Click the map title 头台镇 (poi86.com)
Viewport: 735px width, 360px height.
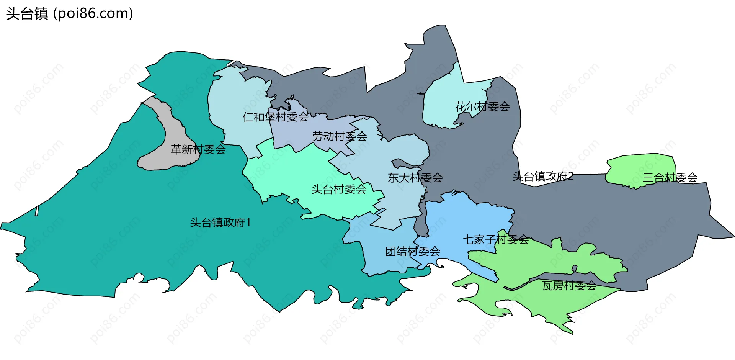pyautogui.click(x=69, y=14)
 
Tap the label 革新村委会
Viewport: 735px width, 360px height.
pyautogui.click(x=198, y=149)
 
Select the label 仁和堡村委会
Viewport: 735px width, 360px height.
pyautogui.click(x=276, y=117)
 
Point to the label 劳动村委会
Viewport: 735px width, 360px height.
pyautogui.click(x=340, y=136)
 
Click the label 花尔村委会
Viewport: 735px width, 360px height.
pyautogui.click(x=482, y=106)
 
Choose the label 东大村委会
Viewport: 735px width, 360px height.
pyautogui.click(x=415, y=178)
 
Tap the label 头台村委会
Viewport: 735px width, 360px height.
pyautogui.click(x=339, y=189)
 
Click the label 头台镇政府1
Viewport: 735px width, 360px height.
pyautogui.click(x=220, y=223)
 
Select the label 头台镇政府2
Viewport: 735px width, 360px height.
pyautogui.click(x=543, y=177)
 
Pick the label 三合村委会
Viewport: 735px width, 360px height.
pyautogui.click(x=670, y=178)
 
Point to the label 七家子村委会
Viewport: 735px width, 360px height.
pyautogui.click(x=495, y=240)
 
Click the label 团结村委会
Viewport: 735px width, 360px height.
pyautogui.click(x=412, y=252)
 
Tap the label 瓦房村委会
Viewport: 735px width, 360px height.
pyautogui.click(x=569, y=286)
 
